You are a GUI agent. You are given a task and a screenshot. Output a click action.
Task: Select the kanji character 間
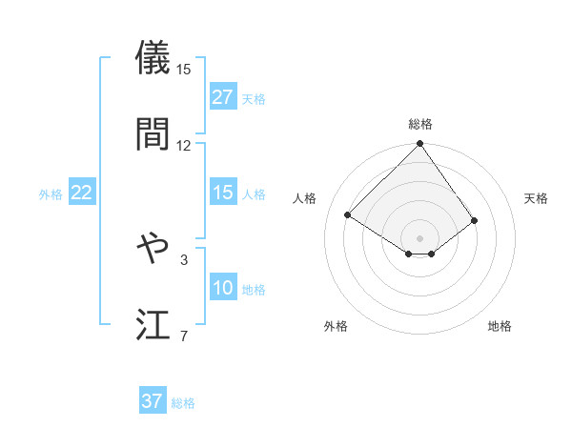click(x=153, y=133)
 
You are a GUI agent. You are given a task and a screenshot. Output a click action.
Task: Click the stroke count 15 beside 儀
click(x=184, y=69)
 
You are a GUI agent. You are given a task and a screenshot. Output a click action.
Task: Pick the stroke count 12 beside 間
click(x=184, y=145)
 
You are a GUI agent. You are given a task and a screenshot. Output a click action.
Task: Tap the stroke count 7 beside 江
click(x=184, y=336)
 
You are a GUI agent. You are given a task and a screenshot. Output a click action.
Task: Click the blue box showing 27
click(x=223, y=97)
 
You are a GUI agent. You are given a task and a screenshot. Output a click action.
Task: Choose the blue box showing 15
click(x=223, y=193)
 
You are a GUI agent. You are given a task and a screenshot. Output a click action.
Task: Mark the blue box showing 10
click(x=223, y=288)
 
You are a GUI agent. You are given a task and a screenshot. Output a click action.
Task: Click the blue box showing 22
click(x=81, y=193)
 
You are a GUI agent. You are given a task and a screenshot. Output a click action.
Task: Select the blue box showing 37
click(x=153, y=401)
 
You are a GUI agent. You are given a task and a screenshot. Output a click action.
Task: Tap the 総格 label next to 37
click(x=183, y=403)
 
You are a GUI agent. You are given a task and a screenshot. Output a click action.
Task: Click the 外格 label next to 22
click(x=51, y=194)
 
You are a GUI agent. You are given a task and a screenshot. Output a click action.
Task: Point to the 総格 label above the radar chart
click(x=419, y=124)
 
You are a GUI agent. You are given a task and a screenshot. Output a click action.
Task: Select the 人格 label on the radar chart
click(x=305, y=198)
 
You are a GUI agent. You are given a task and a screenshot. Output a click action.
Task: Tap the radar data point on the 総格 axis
click(x=419, y=145)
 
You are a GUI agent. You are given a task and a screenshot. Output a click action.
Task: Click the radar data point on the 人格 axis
click(x=348, y=214)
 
